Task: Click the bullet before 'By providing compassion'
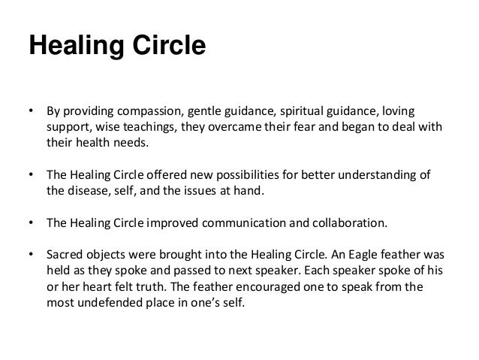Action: click(x=32, y=111)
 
